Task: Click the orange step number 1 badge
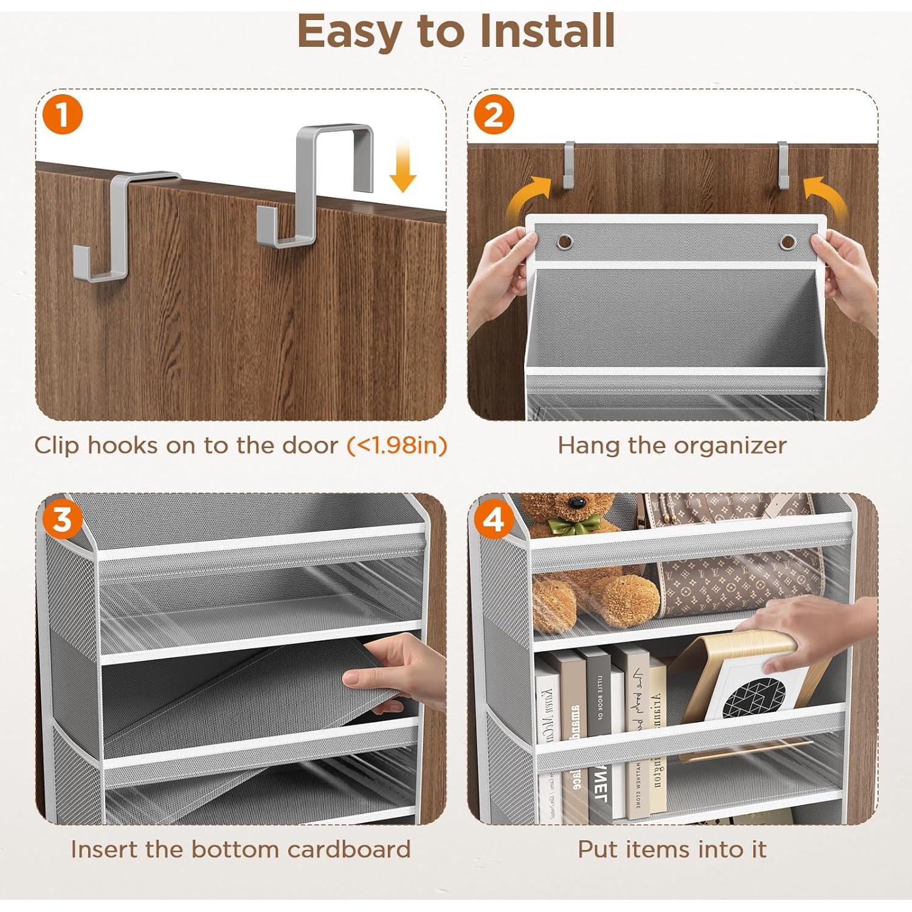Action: (x=63, y=114)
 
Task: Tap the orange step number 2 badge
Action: (x=494, y=114)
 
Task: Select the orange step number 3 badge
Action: (x=63, y=520)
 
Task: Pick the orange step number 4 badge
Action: (x=493, y=520)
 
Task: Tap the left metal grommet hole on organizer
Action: (x=565, y=241)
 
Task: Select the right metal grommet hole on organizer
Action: (x=788, y=241)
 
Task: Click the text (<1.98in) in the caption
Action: (x=397, y=446)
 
